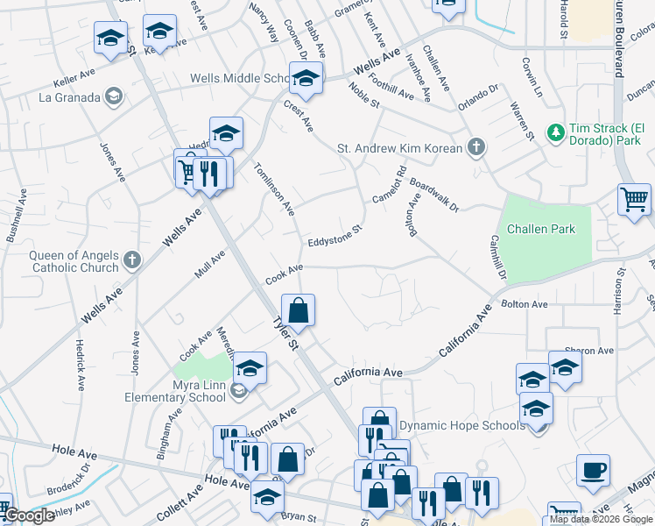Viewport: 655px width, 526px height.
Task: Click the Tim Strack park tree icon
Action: point(554,132)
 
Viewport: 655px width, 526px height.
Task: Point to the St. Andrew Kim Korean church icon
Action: point(475,146)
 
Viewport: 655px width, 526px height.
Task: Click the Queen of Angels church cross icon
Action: point(132,259)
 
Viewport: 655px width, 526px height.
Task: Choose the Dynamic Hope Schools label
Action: point(461,425)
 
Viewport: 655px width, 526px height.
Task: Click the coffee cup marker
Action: point(594,469)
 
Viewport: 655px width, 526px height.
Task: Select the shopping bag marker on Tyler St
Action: point(298,309)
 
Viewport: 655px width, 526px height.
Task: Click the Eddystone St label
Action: point(335,235)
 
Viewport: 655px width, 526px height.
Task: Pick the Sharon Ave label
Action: point(588,351)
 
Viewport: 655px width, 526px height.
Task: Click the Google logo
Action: point(28,516)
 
